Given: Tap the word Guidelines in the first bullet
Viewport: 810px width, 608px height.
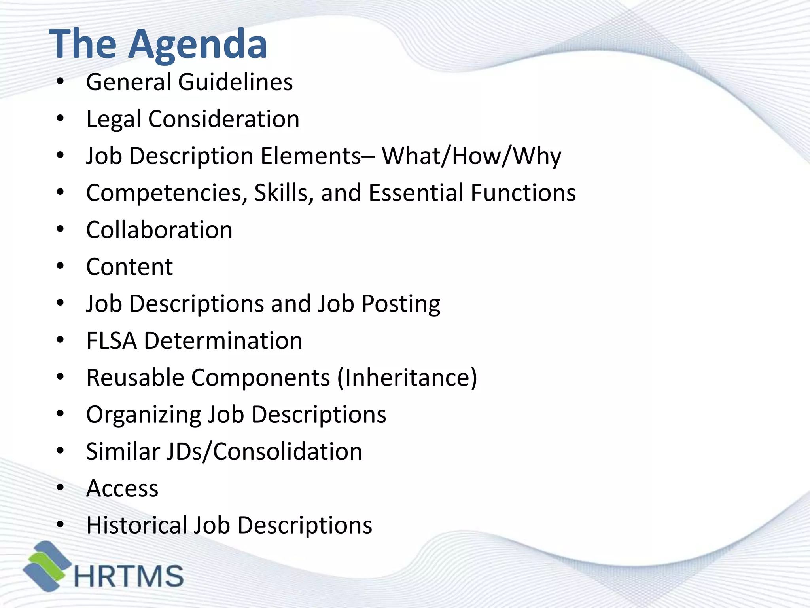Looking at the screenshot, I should (235, 82).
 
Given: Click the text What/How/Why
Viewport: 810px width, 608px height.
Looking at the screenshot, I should (471, 156).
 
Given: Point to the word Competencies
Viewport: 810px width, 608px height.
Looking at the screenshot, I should (167, 193).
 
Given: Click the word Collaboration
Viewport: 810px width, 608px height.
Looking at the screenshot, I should (159, 230).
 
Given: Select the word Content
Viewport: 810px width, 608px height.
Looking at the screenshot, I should (129, 267).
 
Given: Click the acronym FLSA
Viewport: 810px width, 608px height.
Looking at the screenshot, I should (112, 341).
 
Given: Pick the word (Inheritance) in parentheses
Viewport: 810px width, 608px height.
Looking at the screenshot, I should (407, 378).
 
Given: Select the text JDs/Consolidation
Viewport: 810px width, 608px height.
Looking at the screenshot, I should (263, 451).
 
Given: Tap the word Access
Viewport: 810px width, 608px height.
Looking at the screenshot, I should (122, 488).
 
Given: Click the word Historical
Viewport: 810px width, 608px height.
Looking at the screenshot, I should (136, 525).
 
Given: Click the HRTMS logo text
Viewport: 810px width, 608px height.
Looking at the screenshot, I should (129, 576).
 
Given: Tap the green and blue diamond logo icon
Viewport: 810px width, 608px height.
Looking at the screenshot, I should (47, 566).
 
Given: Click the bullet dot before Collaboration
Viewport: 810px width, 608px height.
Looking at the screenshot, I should (60, 230).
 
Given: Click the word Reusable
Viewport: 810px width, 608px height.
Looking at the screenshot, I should (135, 378).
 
